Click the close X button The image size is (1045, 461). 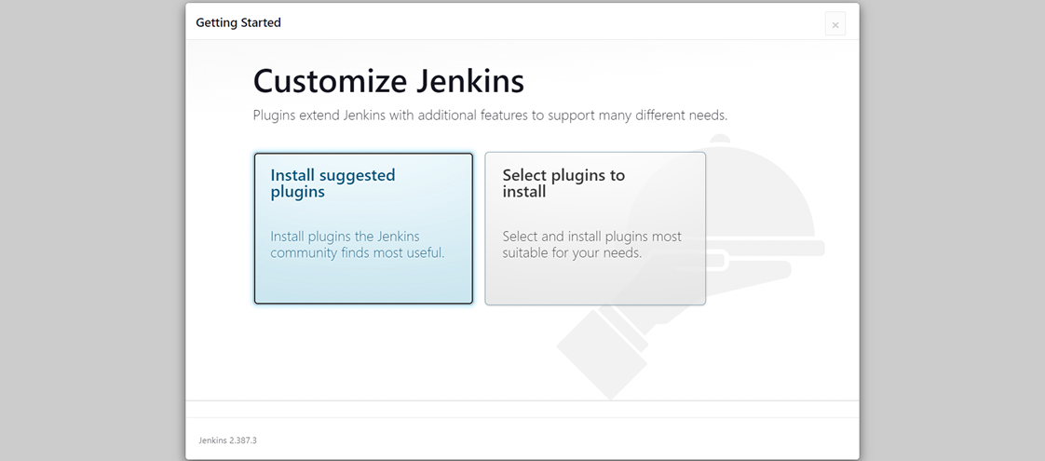tap(835, 24)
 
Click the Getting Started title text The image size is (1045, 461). tap(237, 22)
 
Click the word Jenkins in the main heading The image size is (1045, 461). tap(470, 81)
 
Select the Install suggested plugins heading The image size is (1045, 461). tap(332, 183)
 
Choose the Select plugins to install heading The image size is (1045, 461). tap(563, 183)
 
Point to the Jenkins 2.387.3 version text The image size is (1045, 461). tap(227, 441)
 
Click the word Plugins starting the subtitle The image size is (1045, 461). tap(274, 115)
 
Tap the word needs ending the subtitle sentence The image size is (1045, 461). tap(708, 115)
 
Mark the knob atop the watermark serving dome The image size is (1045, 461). tap(720, 140)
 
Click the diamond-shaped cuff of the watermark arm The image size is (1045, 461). tap(602, 354)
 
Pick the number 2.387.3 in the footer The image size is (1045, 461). tap(242, 441)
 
